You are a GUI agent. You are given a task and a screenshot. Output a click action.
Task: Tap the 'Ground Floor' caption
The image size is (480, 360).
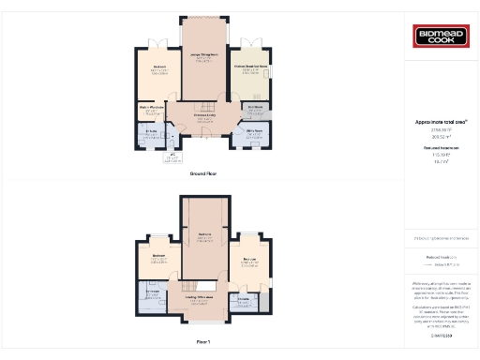[x=203, y=174]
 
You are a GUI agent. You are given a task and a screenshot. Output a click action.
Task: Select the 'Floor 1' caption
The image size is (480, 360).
[x=203, y=342]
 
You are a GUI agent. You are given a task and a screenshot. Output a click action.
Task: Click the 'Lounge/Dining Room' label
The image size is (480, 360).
[x=203, y=55]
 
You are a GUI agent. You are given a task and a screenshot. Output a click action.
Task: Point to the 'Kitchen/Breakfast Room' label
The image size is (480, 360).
[x=251, y=67]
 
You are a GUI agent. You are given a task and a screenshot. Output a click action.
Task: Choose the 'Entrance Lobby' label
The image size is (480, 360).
[x=204, y=115]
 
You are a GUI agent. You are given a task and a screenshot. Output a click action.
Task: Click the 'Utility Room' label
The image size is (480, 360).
[x=254, y=132]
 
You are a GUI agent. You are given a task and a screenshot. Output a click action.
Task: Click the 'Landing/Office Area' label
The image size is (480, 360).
[x=204, y=298]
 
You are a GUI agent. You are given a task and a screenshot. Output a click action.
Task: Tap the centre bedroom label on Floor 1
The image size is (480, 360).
[x=203, y=233]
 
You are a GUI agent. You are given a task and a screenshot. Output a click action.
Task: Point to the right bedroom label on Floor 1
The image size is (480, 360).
[x=249, y=259]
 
